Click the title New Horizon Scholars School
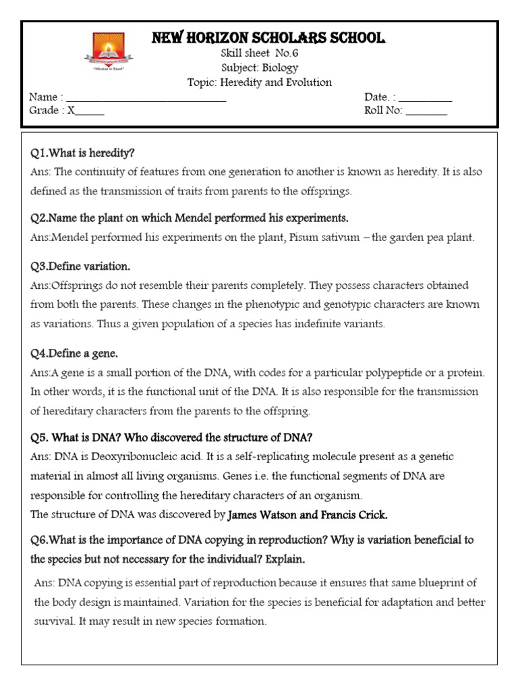[x=268, y=38]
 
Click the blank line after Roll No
[x=426, y=112]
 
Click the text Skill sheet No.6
[x=259, y=54]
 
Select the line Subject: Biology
[x=259, y=68]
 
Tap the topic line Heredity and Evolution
[x=259, y=82]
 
